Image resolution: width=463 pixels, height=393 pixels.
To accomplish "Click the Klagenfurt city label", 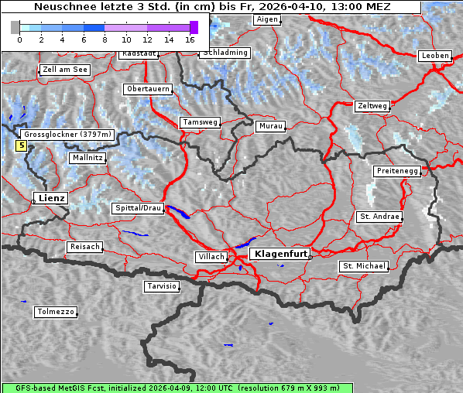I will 282,253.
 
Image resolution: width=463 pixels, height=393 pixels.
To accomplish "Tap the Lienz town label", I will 51,198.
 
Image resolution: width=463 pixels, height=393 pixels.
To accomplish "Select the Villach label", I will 211,256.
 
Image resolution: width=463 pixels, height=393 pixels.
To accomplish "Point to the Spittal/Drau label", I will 138,208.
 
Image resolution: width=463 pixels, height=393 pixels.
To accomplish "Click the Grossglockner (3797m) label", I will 68,134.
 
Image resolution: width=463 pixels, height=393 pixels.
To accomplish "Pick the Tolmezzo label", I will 56,312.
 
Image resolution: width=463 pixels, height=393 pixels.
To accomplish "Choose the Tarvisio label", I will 162,286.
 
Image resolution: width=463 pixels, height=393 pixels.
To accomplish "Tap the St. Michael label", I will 363,266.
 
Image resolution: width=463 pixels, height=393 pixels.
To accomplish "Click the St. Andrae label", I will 379,217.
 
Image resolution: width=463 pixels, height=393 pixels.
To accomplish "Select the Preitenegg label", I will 397,170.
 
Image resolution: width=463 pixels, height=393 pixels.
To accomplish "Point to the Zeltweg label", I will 372,105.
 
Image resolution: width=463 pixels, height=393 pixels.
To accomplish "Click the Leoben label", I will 434,56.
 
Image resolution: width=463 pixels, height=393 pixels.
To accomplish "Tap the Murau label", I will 271,125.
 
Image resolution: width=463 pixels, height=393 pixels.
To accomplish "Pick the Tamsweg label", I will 201,122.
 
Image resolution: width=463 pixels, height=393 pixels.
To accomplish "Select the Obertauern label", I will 148,89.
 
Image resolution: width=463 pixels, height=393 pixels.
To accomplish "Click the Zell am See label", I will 64,70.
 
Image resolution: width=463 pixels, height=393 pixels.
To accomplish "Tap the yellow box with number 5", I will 21,145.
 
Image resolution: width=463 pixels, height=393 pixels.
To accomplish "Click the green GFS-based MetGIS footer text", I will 177,388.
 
